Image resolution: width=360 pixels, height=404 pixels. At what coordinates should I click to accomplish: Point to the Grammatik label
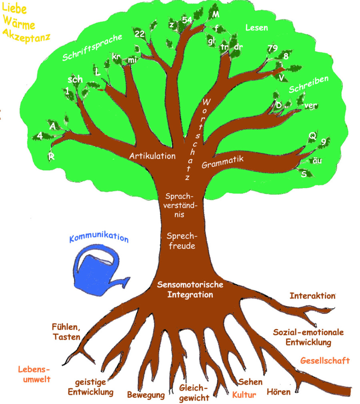click(222, 161)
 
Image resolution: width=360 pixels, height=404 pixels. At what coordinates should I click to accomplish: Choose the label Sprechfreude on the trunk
click(181, 240)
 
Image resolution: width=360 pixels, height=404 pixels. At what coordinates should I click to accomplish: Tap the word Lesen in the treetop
click(256, 28)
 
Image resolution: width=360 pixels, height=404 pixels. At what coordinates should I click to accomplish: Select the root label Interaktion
click(312, 296)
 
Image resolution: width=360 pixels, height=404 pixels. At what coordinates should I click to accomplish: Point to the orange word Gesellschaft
click(325, 360)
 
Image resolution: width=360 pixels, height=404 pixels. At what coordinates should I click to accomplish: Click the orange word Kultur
click(244, 395)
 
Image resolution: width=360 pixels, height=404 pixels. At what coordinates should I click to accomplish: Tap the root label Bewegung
click(146, 395)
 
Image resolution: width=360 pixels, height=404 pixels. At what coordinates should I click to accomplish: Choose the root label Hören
click(278, 392)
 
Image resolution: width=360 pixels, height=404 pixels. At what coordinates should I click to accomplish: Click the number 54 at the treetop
click(187, 20)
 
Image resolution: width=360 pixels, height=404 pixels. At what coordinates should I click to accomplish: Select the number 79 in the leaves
click(272, 48)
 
